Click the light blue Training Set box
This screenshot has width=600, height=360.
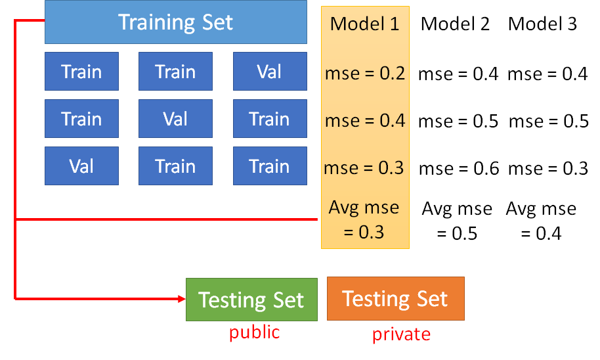175,22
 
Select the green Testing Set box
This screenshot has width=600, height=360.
251,300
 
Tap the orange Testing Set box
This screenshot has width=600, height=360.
395,298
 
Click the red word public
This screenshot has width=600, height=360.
254,332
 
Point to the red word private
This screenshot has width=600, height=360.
401,334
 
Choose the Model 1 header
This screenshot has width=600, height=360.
364,24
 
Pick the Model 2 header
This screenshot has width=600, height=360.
455,24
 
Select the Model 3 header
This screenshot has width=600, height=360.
542,24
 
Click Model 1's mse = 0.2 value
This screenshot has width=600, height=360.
364,74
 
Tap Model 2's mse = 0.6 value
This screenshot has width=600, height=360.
458,168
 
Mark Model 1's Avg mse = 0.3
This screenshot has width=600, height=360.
364,219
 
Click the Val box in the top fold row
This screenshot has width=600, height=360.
270,72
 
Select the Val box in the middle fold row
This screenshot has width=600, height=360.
175,119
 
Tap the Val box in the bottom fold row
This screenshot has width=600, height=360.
81,166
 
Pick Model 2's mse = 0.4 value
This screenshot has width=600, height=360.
458,74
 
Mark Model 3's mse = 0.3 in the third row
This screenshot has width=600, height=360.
547,168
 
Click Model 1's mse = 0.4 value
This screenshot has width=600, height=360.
364,121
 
